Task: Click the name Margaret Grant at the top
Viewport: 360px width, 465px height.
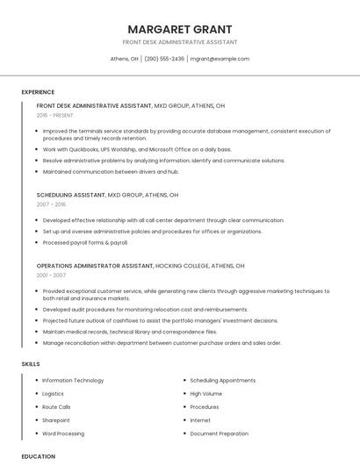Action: (180, 29)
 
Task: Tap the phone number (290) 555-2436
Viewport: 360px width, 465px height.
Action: (164, 59)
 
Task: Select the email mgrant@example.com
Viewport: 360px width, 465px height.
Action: (220, 59)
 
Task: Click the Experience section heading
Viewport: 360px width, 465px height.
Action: (38, 92)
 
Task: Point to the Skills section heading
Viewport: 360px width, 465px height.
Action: (31, 363)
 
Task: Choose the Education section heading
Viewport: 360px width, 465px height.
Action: (38, 456)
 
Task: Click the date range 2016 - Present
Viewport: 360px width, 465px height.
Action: (54, 115)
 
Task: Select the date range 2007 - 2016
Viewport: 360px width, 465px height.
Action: (51, 204)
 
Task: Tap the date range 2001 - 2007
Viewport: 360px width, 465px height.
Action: (51, 275)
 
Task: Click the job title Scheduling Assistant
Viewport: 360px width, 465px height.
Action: (70, 195)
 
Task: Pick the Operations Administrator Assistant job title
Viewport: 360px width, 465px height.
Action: (95, 265)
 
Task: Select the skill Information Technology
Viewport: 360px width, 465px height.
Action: (73, 381)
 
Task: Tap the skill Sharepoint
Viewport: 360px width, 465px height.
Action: (57, 420)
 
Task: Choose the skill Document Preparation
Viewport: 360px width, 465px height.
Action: (219, 433)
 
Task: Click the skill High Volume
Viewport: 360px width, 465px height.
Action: (206, 394)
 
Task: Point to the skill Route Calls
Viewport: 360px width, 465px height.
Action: (56, 407)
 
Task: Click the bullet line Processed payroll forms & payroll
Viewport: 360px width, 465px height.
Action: (85, 242)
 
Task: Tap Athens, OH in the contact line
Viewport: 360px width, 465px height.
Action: (124, 59)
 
